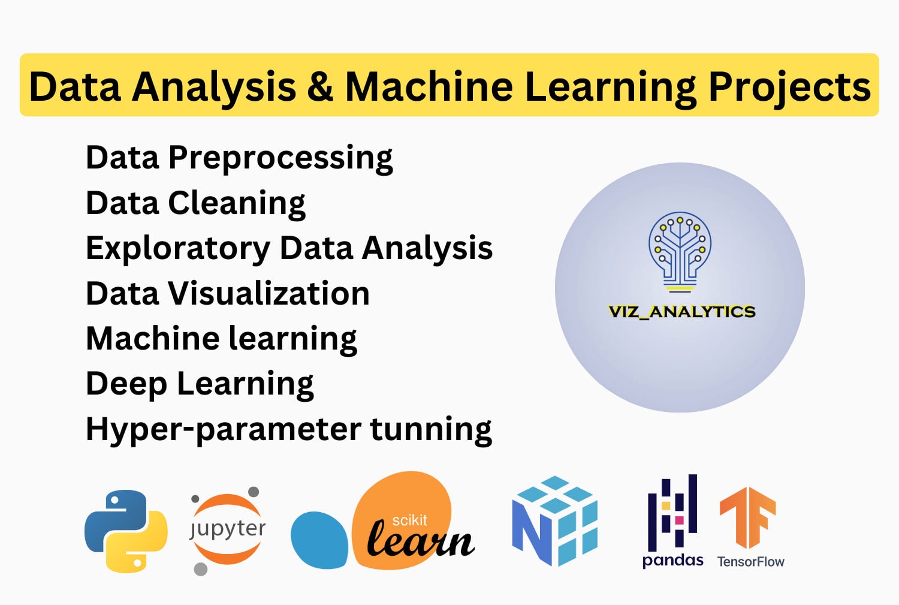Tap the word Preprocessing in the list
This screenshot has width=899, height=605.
click(280, 159)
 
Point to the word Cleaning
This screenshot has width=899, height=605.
click(236, 203)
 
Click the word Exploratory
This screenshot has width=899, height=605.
click(178, 249)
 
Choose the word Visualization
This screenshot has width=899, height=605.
click(269, 293)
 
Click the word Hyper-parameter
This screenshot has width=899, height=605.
click(224, 429)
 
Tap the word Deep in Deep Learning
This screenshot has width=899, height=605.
click(126, 385)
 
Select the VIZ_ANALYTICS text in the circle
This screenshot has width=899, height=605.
click(681, 312)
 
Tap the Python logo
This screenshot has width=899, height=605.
click(126, 531)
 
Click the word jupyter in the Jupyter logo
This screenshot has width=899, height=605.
click(227, 529)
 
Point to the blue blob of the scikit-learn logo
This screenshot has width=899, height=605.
click(319, 540)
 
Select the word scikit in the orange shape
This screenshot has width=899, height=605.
click(409, 520)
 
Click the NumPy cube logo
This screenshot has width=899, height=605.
click(554, 521)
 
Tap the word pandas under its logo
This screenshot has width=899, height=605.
click(672, 561)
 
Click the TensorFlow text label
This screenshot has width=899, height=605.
click(750, 562)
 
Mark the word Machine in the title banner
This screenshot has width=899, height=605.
click(429, 86)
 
